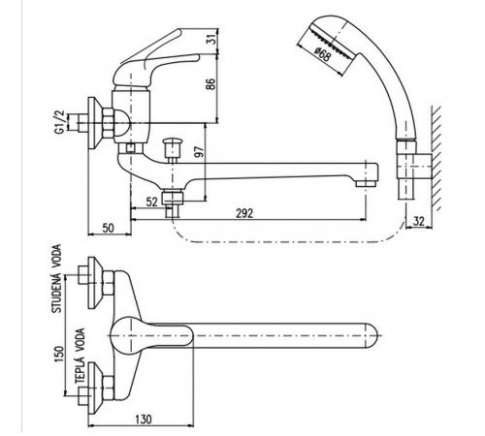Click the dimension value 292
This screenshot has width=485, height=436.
244,213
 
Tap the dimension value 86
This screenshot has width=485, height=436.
210,84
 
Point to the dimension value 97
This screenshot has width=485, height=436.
200,152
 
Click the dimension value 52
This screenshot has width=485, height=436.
151,202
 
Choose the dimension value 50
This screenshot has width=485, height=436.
109,228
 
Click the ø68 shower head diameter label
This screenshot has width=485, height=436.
322,54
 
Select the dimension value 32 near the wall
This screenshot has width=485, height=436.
418,221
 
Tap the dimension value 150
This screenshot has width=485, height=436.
58,354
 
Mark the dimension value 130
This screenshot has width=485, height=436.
143,420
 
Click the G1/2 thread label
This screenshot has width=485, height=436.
59,122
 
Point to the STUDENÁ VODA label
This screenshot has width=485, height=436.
56,279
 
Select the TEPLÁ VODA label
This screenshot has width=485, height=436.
80,356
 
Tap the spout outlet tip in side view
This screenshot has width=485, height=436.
366,184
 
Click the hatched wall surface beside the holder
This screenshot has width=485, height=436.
436,158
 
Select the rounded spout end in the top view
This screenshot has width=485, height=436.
372,335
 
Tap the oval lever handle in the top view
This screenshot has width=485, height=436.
151,335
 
